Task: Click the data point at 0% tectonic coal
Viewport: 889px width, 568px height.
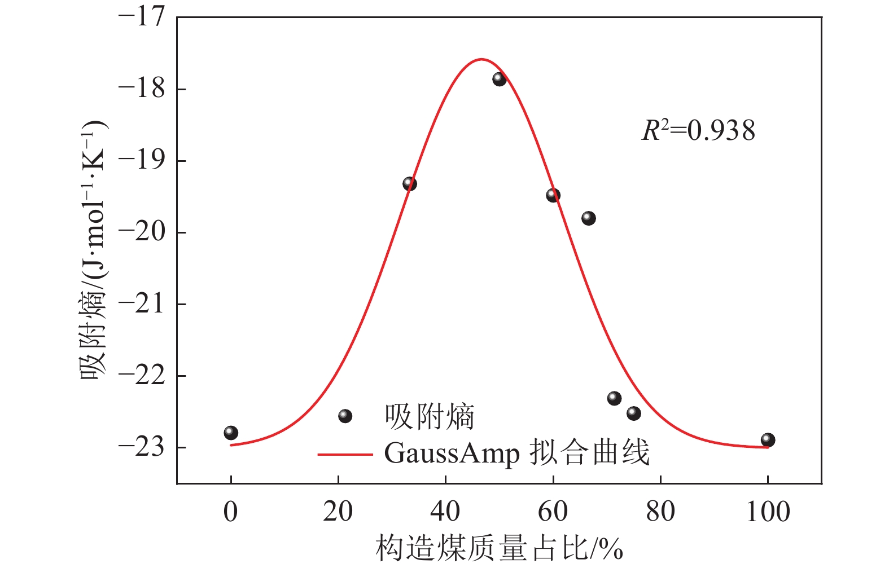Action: click(231, 433)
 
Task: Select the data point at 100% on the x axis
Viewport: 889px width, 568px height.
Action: click(768, 440)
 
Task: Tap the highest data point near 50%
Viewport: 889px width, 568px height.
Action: click(499, 79)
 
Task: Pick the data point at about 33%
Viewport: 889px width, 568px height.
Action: click(410, 184)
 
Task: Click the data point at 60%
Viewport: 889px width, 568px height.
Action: click(553, 195)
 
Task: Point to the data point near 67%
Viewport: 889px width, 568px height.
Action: click(589, 218)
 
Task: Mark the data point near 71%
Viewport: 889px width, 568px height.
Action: click(614, 398)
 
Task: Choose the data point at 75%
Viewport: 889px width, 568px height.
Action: click(634, 413)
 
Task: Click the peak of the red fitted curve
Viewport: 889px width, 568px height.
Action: click(481, 59)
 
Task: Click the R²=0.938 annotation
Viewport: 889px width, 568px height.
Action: click(698, 131)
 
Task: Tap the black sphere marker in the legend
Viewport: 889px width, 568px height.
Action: click(345, 416)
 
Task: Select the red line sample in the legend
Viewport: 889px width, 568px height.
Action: click(345, 453)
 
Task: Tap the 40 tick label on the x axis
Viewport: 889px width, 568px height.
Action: click(445, 512)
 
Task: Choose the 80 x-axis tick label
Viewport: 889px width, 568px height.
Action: click(660, 512)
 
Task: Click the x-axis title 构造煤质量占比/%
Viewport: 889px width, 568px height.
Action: click(499, 548)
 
